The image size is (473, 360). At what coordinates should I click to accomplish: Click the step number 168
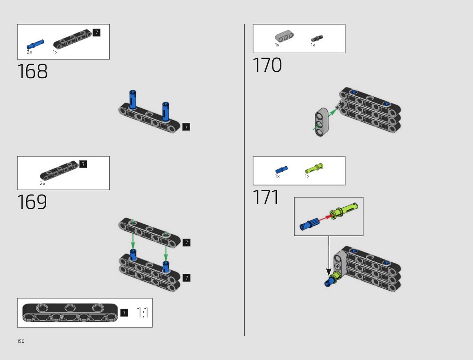pyautogui.click(x=32, y=71)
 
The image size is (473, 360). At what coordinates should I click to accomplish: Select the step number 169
pyautogui.click(x=32, y=202)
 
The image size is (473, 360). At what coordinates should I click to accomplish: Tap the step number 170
pyautogui.click(x=267, y=65)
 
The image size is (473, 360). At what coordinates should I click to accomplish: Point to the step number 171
pyautogui.click(x=266, y=197)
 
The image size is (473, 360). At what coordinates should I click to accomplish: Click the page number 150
pyautogui.click(x=21, y=341)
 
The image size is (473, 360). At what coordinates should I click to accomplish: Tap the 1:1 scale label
pyautogui.click(x=142, y=313)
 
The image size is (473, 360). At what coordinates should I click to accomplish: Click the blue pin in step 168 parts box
pyautogui.click(x=35, y=44)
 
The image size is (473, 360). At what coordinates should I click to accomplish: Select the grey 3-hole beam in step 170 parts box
pyautogui.click(x=284, y=36)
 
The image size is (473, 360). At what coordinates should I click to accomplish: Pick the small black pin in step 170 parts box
pyautogui.click(x=317, y=38)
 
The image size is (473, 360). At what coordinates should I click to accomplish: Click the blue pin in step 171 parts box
pyautogui.click(x=282, y=170)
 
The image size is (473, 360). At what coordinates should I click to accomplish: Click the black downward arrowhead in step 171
pyautogui.click(x=329, y=272)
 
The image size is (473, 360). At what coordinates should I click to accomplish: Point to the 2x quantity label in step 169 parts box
pyautogui.click(x=42, y=184)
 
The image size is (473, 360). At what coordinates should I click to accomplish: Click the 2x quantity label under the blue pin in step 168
pyautogui.click(x=30, y=52)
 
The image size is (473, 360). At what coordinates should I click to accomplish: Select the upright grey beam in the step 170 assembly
pyautogui.click(x=321, y=122)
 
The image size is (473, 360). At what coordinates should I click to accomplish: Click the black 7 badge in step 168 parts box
pyautogui.click(x=96, y=33)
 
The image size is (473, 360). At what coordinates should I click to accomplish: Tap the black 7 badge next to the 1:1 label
pyautogui.click(x=124, y=313)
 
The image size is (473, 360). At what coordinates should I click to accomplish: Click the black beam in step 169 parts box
pyautogui.click(x=59, y=170)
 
